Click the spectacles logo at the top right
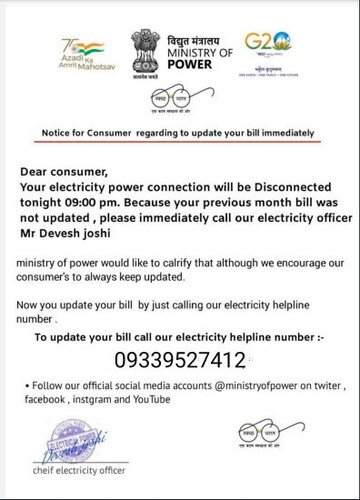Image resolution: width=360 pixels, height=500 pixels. pos(261,107)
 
